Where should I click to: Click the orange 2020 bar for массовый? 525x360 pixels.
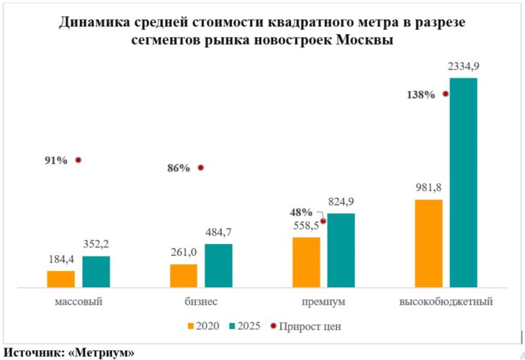pos(60,279)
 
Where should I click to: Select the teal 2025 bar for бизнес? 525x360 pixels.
pos(219,266)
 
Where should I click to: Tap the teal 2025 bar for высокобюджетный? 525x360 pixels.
pos(463,182)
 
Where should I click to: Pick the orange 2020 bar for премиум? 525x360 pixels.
pos(306,262)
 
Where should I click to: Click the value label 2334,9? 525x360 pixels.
pos(463,66)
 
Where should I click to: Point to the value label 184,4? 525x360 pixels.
pos(60,260)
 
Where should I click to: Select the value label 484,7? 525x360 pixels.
pos(219,232)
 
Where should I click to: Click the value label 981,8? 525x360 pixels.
pos(429,188)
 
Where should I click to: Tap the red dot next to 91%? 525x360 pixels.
pos(78,159)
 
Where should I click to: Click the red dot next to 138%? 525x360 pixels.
pos(446,94)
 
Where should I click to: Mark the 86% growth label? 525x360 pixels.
pos(178,168)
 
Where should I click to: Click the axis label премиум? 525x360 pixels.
pos(323,302)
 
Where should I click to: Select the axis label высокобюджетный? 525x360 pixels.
pos(446,302)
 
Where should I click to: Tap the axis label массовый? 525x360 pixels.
pos(77,302)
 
